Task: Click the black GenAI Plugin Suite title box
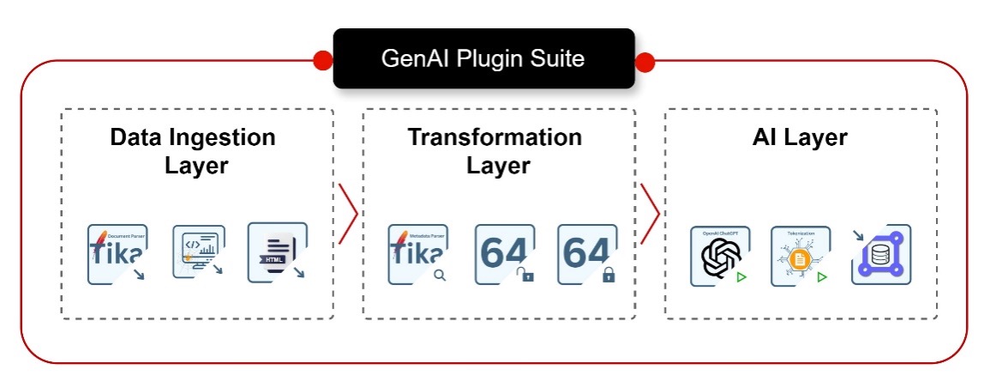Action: tap(483, 58)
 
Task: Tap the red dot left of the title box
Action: tap(323, 61)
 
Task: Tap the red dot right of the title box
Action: tap(645, 62)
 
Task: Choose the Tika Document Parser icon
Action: tap(117, 254)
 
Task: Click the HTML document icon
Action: tap(277, 252)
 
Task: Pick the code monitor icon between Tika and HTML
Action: tap(198, 252)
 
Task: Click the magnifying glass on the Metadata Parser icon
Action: tap(439, 276)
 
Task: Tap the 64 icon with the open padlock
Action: tap(505, 254)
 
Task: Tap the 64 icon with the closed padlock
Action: tap(587, 254)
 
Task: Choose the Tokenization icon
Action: tap(801, 256)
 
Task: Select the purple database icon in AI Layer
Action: tap(881, 255)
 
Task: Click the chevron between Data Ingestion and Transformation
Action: tap(348, 213)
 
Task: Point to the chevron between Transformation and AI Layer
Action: tap(650, 213)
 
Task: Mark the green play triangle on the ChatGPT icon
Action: tap(741, 277)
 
